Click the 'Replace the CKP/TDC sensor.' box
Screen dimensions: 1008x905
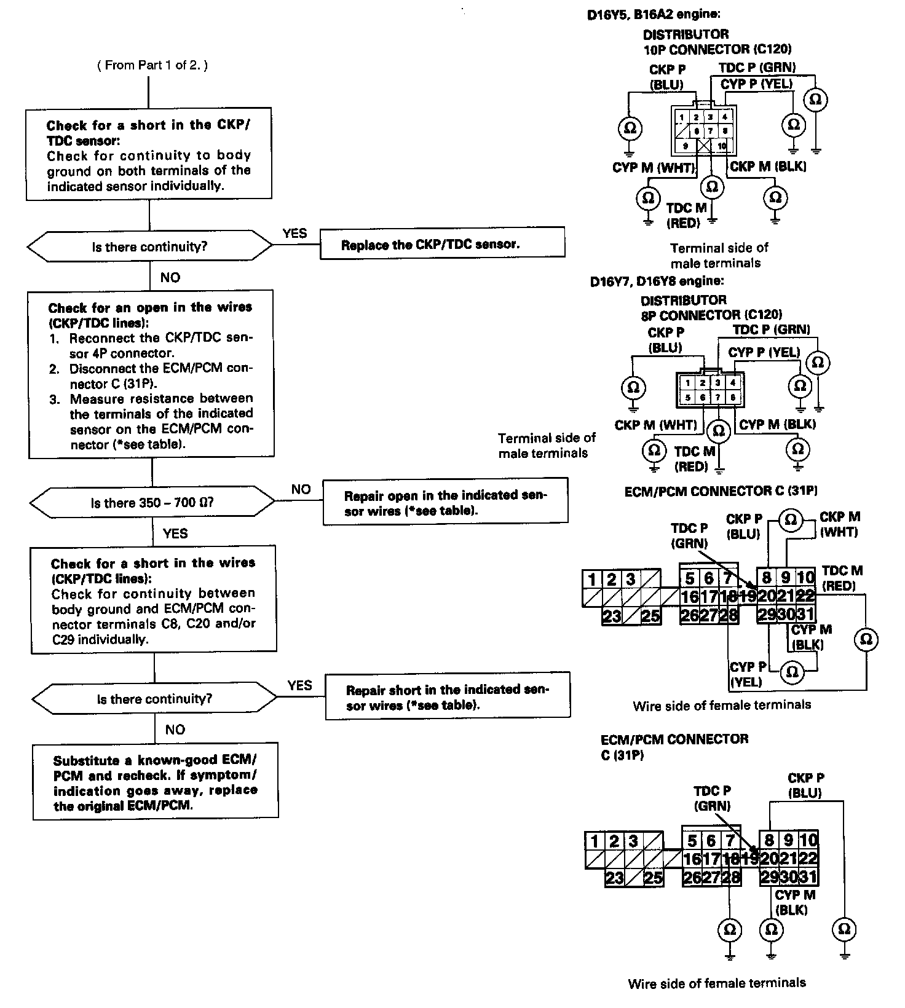tap(442, 243)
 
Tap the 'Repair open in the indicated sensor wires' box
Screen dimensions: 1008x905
tap(445, 502)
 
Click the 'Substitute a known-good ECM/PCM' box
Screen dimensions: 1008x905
tap(155, 781)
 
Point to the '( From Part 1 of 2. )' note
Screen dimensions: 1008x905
tap(152, 65)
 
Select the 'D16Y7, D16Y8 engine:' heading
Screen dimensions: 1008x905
tap(657, 281)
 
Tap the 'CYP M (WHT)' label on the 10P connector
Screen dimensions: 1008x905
tap(654, 167)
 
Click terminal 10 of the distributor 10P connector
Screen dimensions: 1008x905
tap(721, 146)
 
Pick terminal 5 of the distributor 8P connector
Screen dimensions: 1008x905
tap(688, 398)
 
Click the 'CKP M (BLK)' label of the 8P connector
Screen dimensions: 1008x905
tap(777, 425)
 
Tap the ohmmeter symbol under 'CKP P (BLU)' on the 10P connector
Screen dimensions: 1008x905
tap(630, 128)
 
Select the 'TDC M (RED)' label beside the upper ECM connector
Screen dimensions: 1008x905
tap(842, 578)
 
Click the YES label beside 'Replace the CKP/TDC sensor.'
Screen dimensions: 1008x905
tap(294, 233)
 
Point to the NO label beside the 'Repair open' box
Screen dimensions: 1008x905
tap(301, 489)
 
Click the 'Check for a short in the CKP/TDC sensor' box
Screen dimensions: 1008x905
tap(149, 154)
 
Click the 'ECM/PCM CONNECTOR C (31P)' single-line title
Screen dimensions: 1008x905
tap(721, 491)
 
